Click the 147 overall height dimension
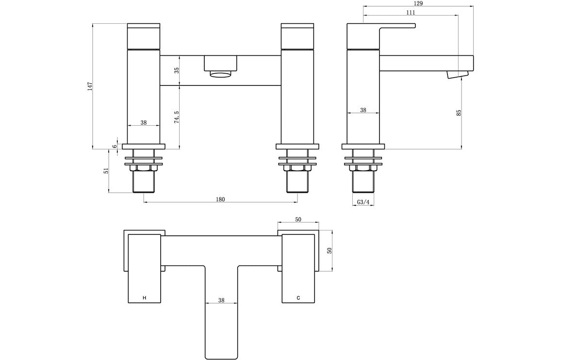(x=89, y=86)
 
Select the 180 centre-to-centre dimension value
(x=221, y=199)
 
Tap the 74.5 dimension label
(x=177, y=117)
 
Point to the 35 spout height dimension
(x=177, y=70)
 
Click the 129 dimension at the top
(x=418, y=3)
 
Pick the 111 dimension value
(x=410, y=13)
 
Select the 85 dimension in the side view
(x=459, y=113)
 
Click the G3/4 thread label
(x=363, y=202)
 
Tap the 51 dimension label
(x=106, y=171)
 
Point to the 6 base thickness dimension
(x=115, y=147)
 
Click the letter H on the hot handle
(x=144, y=297)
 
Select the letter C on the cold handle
(x=298, y=297)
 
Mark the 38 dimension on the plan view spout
(x=221, y=300)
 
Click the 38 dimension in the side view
(x=363, y=110)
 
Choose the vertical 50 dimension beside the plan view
(x=330, y=251)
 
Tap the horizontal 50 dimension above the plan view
(x=298, y=220)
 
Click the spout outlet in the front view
(x=221, y=74)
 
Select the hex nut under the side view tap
(x=363, y=168)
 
